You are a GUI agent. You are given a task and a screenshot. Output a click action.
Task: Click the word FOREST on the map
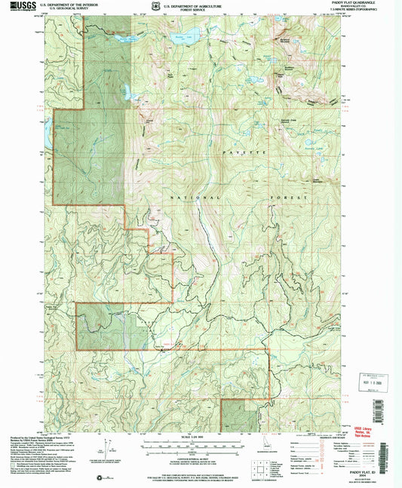291,197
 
